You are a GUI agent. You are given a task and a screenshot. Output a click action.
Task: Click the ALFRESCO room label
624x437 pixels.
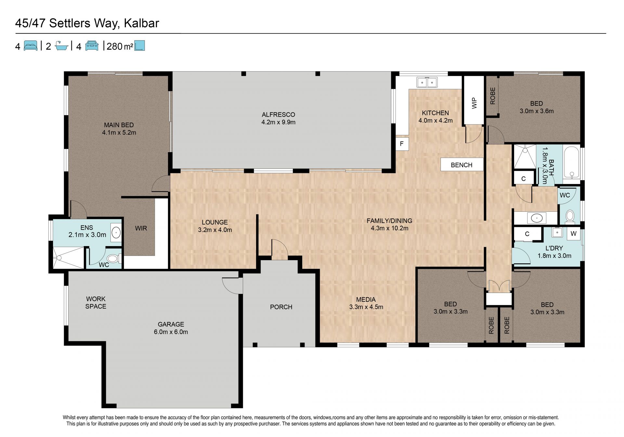click(x=278, y=114)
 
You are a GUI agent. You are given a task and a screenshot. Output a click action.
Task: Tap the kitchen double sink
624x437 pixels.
click(x=427, y=83)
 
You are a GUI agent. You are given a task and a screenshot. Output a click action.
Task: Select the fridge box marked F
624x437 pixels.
click(x=402, y=143)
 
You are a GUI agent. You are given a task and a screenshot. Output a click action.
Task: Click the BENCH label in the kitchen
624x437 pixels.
click(x=461, y=165)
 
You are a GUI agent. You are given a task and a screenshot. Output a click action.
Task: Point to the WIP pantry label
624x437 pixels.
click(x=474, y=103)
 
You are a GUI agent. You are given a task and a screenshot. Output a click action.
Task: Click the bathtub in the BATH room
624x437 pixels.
click(x=571, y=163)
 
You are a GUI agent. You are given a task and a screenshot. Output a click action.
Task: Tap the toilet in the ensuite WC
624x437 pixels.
click(x=113, y=258)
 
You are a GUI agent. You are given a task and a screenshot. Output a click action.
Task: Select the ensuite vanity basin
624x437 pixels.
click(x=116, y=232)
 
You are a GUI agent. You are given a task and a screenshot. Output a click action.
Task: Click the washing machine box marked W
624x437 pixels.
click(x=573, y=233)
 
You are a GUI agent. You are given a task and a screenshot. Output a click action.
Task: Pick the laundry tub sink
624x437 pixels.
click(x=557, y=232)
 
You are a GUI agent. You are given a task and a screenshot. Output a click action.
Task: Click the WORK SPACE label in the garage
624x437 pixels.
click(x=96, y=302)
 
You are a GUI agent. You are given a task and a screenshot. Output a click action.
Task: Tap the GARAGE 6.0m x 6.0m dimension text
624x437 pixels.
click(x=171, y=332)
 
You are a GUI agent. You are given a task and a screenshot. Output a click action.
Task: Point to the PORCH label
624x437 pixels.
click(x=281, y=307)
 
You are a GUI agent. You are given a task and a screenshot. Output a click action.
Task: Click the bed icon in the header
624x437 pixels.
click(x=31, y=46)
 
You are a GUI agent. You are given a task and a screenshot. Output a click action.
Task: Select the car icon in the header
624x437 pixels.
click(x=92, y=46)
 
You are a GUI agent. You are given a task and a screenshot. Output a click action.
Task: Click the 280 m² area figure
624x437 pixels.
click(x=120, y=46)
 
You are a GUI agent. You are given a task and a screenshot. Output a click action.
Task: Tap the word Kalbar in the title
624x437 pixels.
click(x=141, y=23)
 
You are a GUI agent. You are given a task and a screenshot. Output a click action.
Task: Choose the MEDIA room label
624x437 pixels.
click(x=366, y=299)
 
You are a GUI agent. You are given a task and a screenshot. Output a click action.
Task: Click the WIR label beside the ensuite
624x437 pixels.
click(x=141, y=228)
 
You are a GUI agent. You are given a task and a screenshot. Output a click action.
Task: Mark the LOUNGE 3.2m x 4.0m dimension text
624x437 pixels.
click(x=215, y=230)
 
